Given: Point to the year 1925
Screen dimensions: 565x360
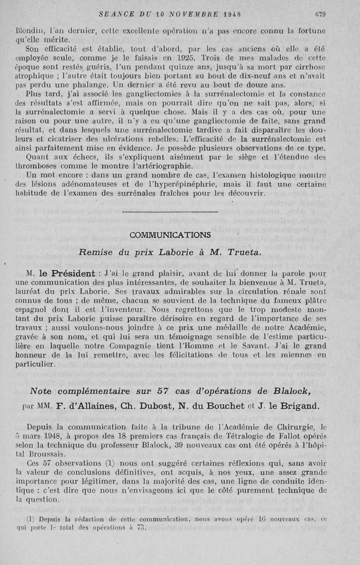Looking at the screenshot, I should (x=185, y=57).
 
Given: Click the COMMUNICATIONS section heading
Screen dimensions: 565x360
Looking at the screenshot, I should (x=170, y=235).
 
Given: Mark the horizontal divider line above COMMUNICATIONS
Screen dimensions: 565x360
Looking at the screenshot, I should (x=170, y=211).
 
